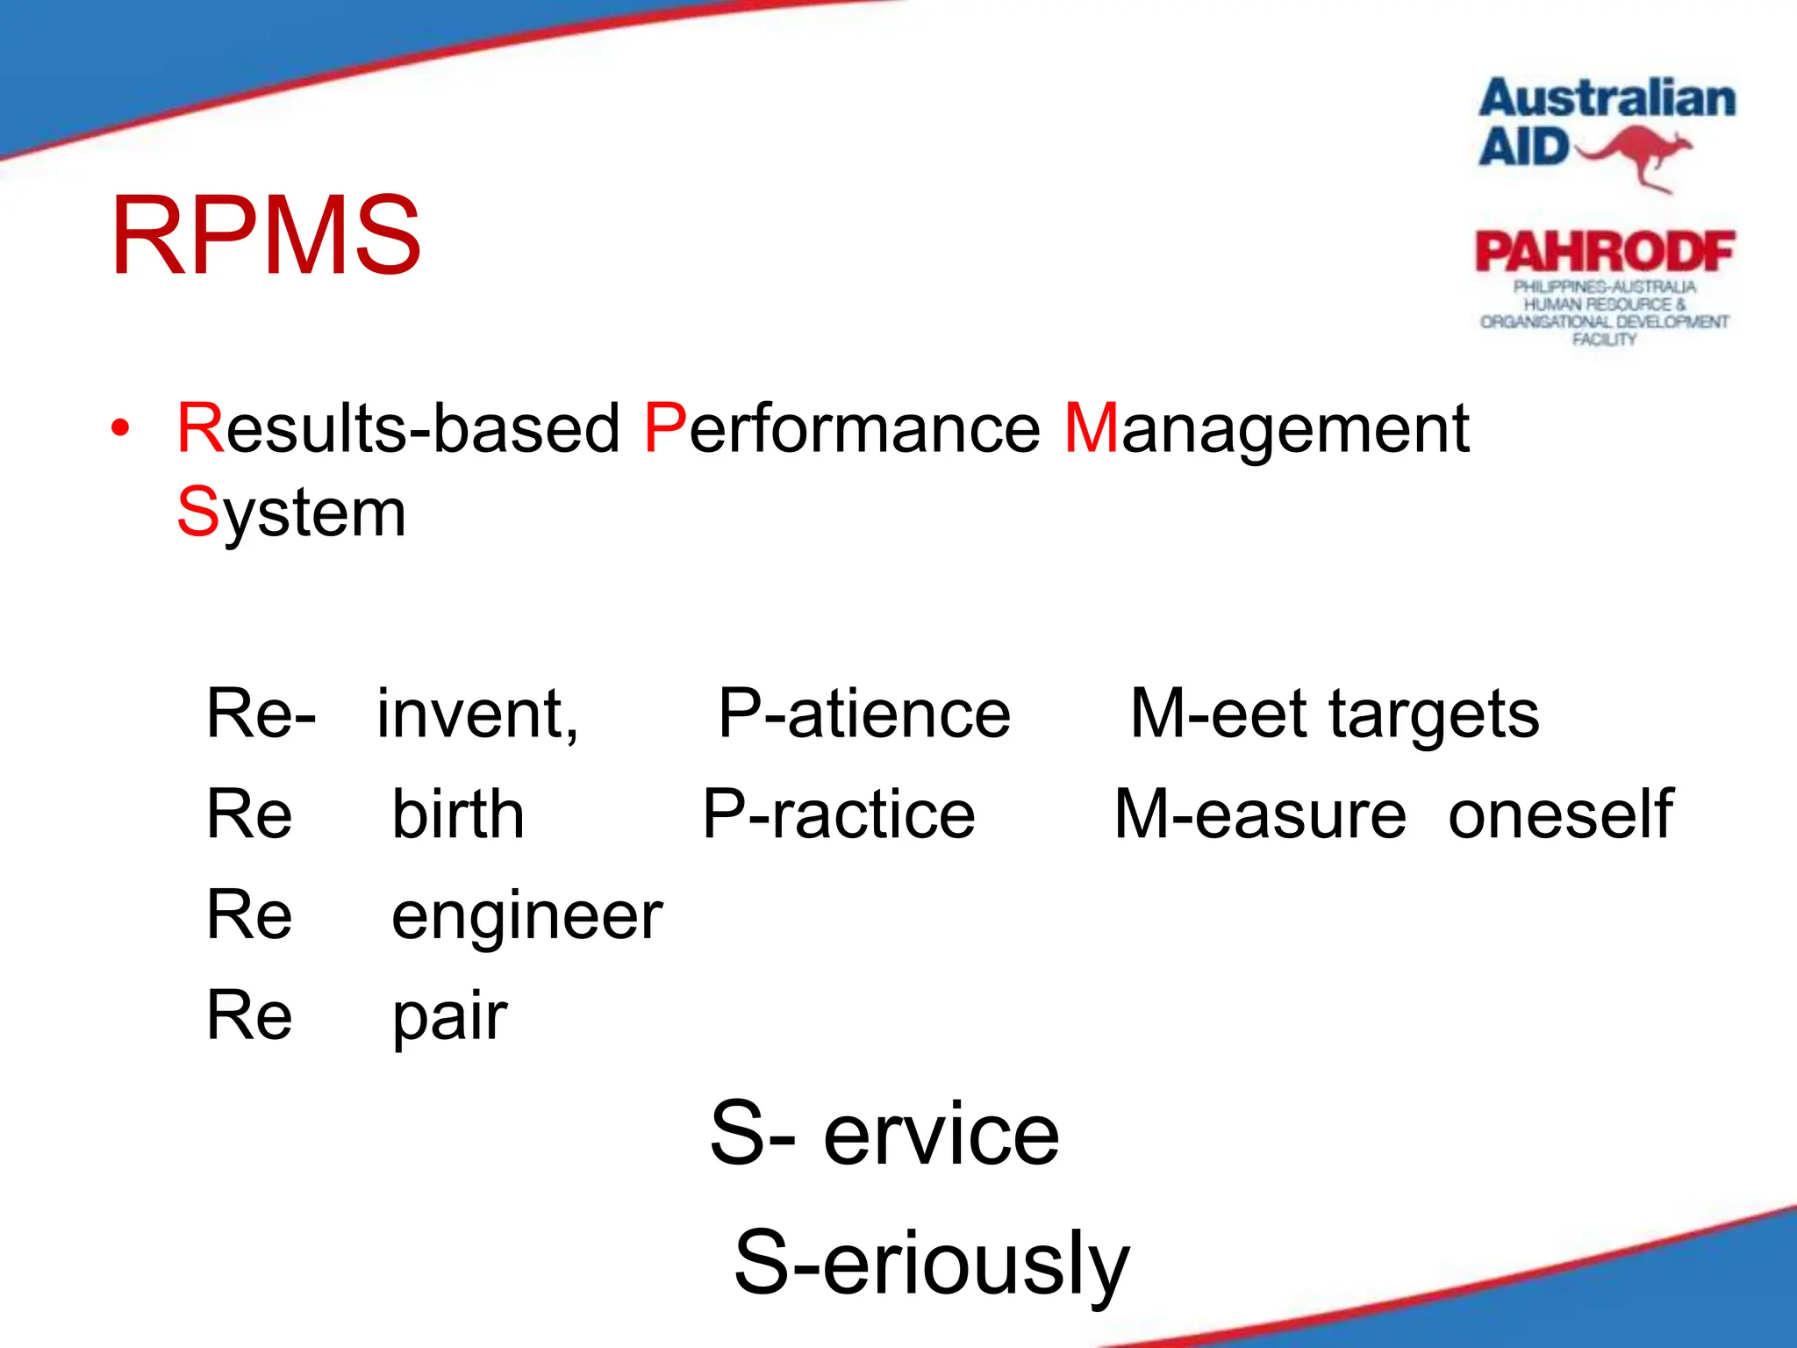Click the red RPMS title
[266, 236]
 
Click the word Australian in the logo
[1607, 98]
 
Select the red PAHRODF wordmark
[1605, 252]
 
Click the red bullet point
[120, 429]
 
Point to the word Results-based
[398, 428]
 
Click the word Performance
[841, 428]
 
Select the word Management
[1266, 428]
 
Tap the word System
[291, 513]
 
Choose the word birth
[458, 814]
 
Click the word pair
[449, 1016]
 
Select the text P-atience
[864, 713]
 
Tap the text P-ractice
[839, 814]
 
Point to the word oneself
[1560, 814]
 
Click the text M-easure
[1260, 814]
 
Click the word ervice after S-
[941, 1135]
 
